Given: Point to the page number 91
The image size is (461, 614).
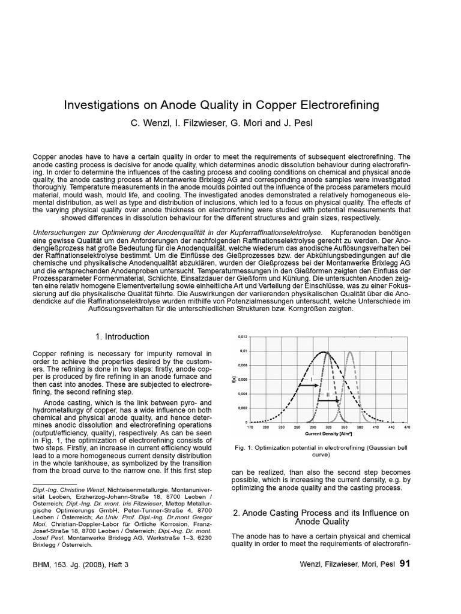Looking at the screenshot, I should (405, 564).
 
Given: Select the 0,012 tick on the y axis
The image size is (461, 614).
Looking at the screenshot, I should (243, 336).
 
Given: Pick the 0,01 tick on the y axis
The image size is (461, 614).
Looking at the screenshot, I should (244, 351).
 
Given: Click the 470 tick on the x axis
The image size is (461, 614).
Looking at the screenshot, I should (406, 427).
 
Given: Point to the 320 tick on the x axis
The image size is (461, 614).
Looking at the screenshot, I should (328, 427).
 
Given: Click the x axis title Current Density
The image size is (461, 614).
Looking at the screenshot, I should (328, 433).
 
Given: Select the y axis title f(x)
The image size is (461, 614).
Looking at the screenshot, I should (234, 379).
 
